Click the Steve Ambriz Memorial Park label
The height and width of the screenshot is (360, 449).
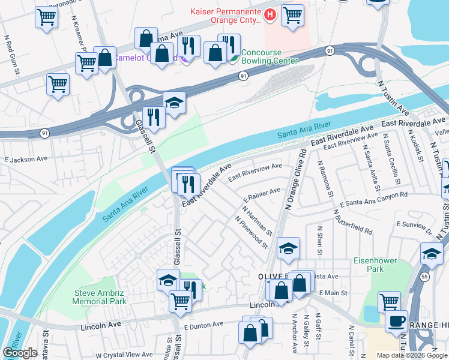pos(100,297)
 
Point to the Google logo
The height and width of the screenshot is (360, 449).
pos(20,353)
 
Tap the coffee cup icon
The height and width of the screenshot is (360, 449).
pos(396,320)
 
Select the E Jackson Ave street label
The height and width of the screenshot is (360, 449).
pos(26,160)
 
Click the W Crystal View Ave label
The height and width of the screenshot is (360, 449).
pos(124,355)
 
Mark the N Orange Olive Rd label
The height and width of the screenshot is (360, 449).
pos(296,180)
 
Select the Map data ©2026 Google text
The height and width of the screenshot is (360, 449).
pos(411,355)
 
